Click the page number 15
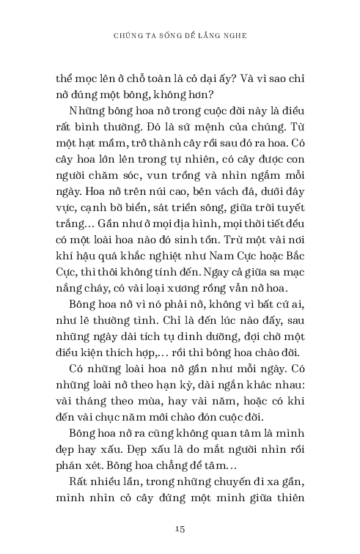click(180, 528)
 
